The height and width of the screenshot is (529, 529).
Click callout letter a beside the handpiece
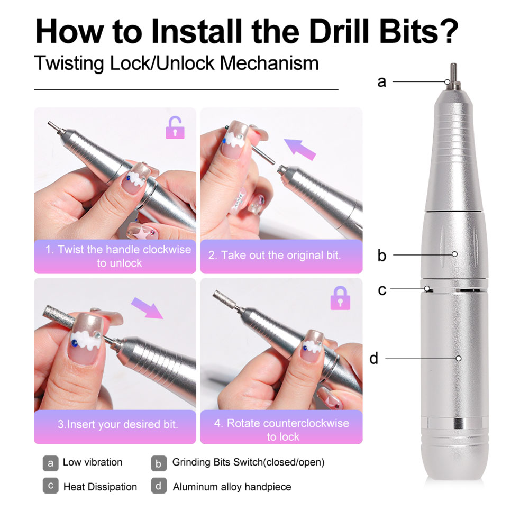pyautogui.click(x=382, y=82)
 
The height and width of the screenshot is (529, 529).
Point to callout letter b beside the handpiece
pyautogui.click(x=382, y=256)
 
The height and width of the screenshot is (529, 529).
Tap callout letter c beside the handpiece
pyautogui.click(x=382, y=290)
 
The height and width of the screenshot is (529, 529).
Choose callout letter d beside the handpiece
pyautogui.click(x=374, y=359)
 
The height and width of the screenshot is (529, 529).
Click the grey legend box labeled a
pyautogui.click(x=50, y=463)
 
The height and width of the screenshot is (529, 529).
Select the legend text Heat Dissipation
pyautogui.click(x=100, y=487)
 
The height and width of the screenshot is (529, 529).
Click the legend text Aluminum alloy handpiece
pyautogui.click(x=232, y=487)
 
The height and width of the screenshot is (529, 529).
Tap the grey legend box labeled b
pyautogui.click(x=158, y=463)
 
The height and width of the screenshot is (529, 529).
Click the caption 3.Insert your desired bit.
pyautogui.click(x=117, y=424)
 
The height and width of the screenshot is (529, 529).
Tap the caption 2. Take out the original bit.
pyautogui.click(x=274, y=255)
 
